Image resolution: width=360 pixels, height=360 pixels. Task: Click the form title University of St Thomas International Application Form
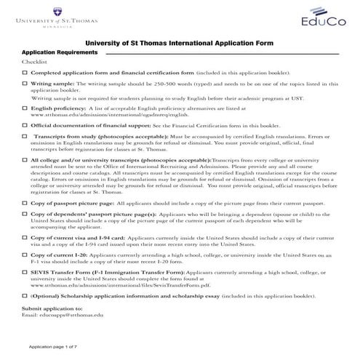(180, 44)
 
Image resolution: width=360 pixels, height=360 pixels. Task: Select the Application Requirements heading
(60, 54)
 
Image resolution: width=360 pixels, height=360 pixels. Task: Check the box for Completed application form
(25, 74)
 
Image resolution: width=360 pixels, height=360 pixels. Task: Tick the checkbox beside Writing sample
(25, 84)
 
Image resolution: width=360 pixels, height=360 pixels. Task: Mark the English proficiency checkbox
(25, 107)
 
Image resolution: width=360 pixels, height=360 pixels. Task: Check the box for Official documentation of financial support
(25, 125)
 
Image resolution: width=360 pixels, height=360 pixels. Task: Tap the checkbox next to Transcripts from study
(25, 135)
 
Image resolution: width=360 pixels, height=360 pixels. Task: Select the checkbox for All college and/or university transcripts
(25, 158)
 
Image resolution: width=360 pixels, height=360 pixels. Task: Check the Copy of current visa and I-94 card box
(25, 237)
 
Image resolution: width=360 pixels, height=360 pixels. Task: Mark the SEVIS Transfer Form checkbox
(25, 271)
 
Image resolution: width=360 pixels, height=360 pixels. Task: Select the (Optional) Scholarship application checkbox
(25, 298)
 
